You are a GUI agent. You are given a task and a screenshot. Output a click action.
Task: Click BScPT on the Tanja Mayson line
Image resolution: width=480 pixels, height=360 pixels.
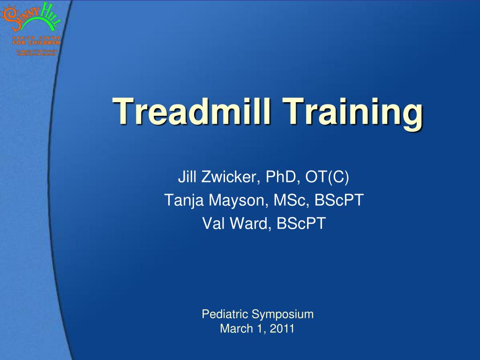coord(339,201)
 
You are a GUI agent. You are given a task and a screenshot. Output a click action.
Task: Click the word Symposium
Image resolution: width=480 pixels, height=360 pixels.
coord(283,315)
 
